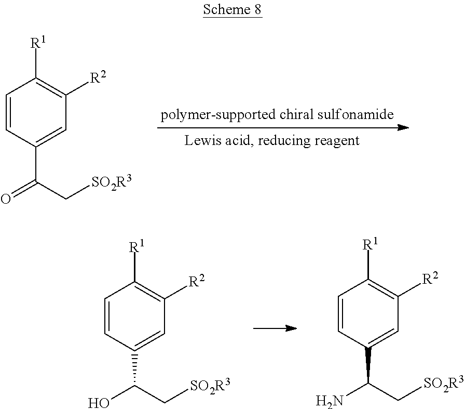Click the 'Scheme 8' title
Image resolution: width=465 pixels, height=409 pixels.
[x=232, y=10]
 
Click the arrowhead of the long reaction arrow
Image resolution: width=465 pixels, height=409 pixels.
[x=403, y=127]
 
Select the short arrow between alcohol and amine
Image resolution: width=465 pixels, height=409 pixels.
[x=275, y=328]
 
